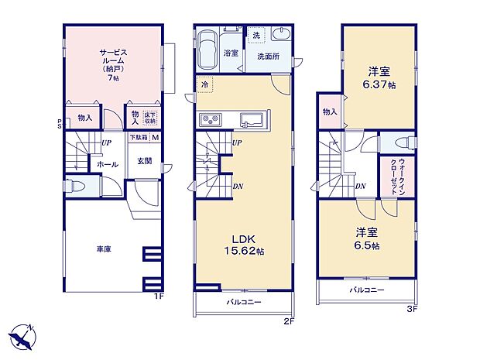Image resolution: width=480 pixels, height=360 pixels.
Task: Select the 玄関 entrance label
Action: click(145, 161)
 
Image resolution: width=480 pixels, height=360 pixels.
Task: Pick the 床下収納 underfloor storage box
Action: click(149, 117)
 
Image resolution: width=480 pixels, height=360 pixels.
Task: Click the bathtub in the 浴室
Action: click(208, 50)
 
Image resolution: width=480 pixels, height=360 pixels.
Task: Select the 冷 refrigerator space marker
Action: click(205, 84)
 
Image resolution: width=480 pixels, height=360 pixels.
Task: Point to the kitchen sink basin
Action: click(251, 120)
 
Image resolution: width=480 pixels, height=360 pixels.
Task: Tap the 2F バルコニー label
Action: click(244, 303)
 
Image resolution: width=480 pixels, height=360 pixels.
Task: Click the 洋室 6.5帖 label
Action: click(367, 238)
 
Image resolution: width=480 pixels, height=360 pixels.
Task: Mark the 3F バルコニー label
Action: click(366, 290)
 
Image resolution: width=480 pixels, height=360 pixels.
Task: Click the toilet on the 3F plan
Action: click(403, 143)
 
